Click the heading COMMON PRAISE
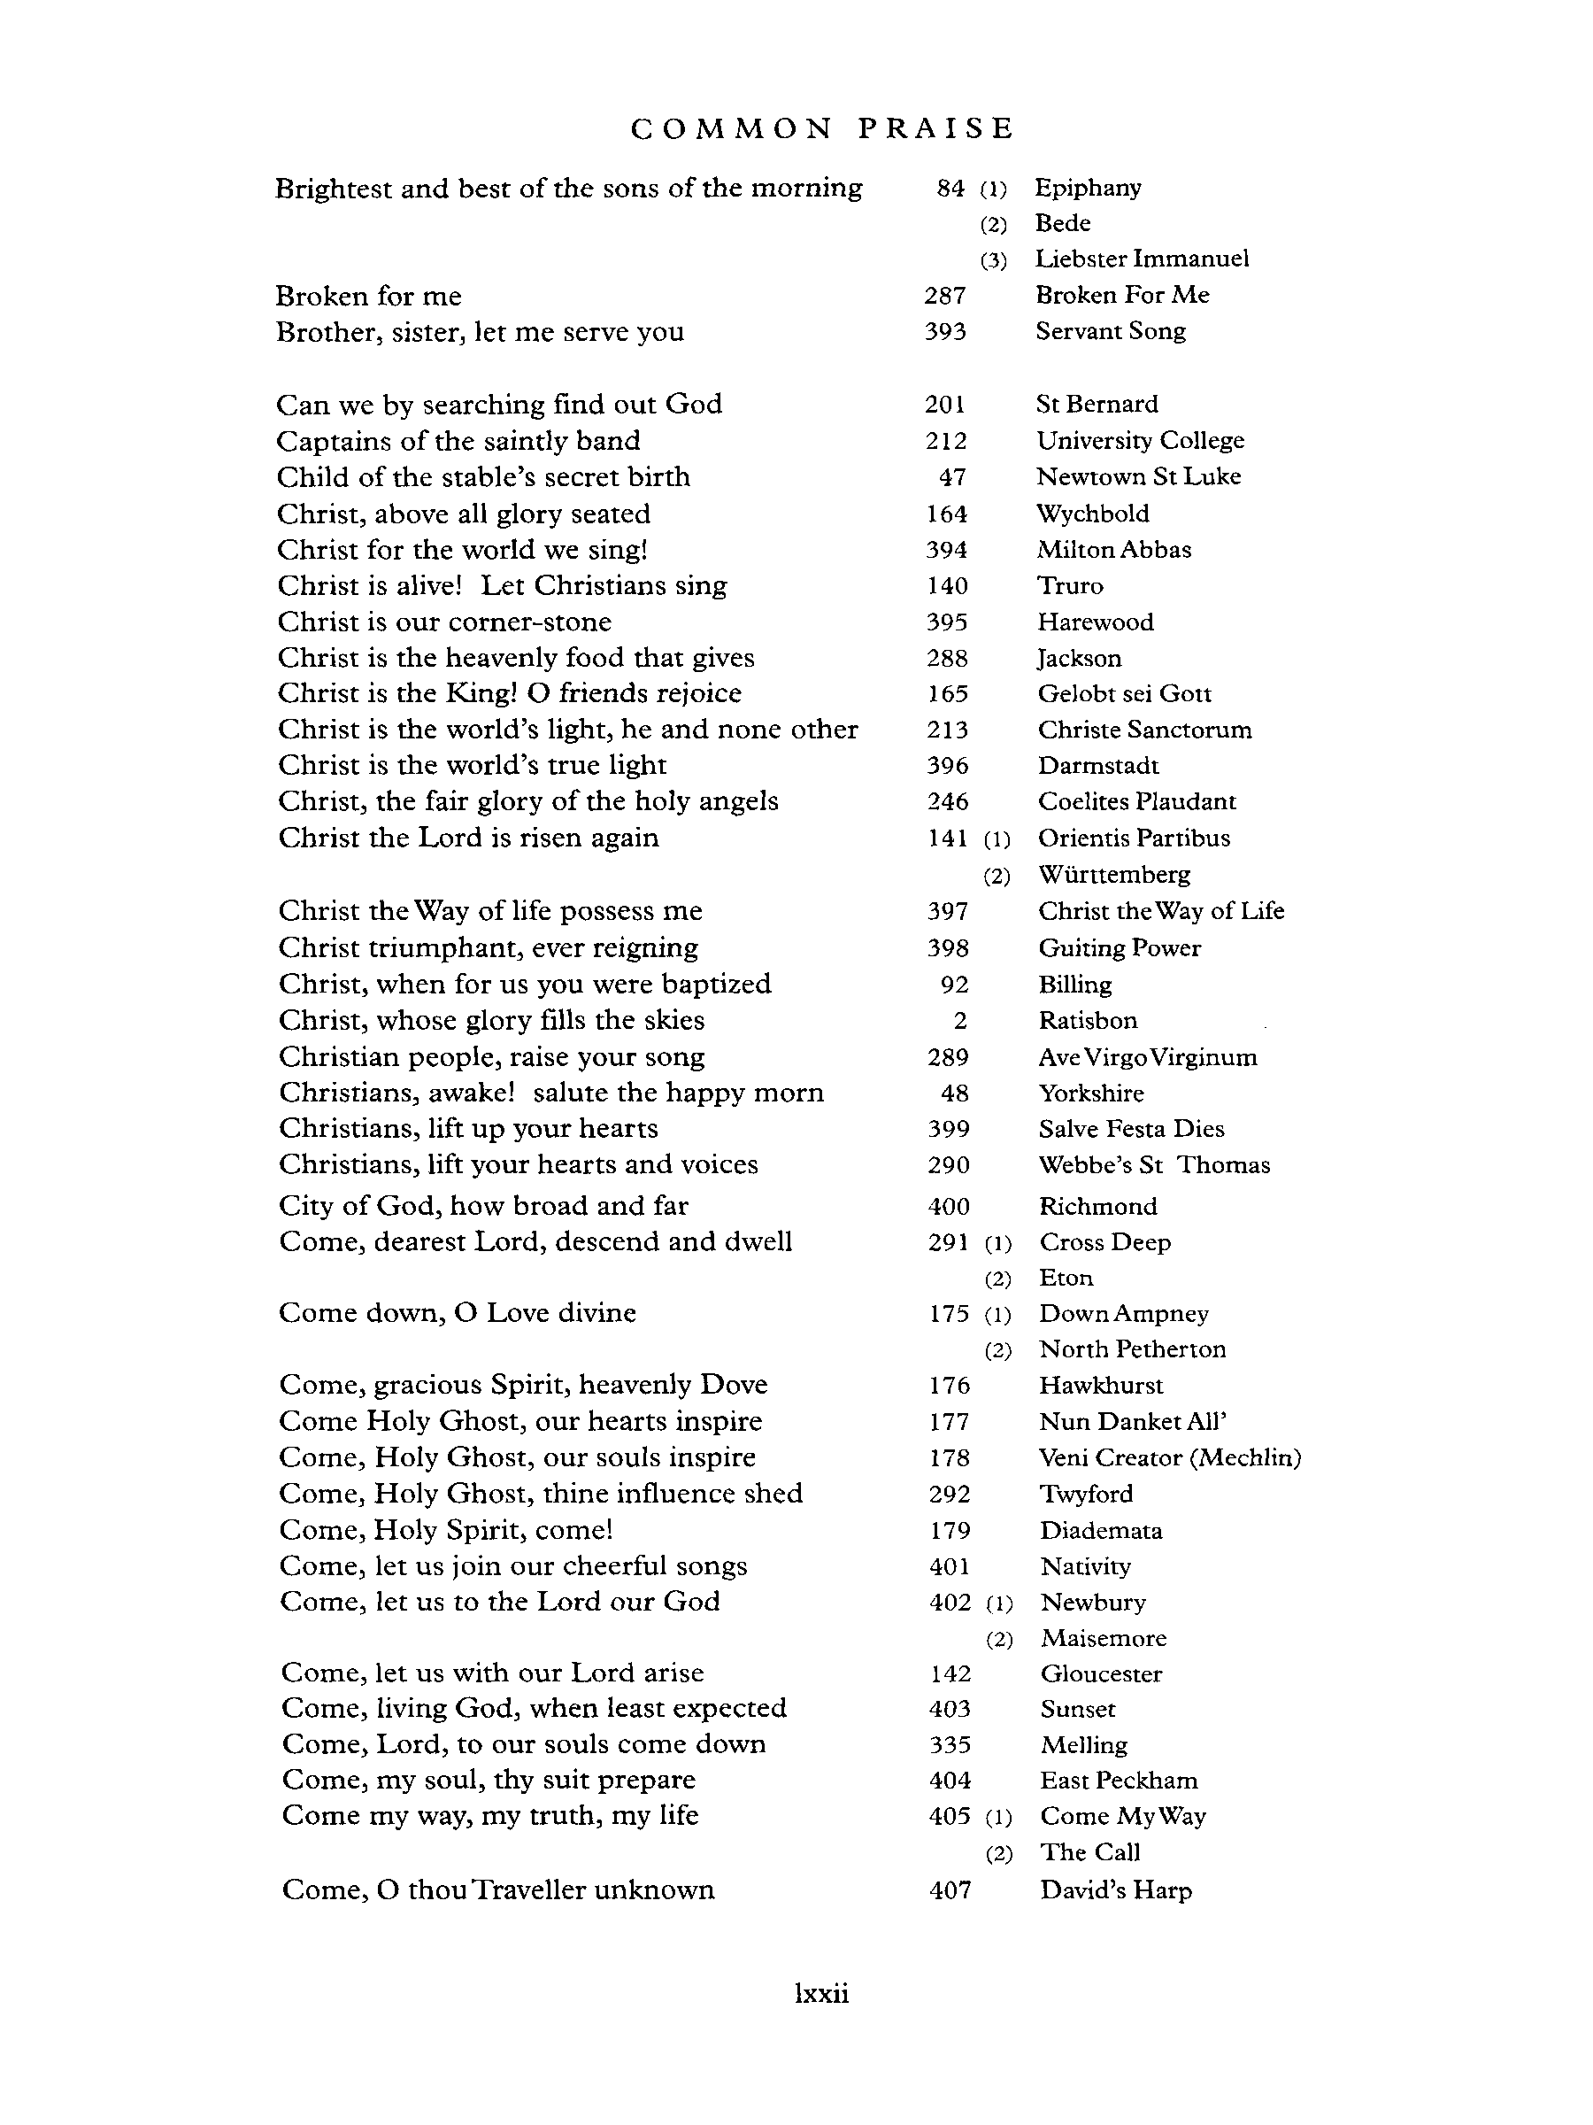coord(822,128)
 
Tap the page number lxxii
coord(822,1993)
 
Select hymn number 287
coord(945,296)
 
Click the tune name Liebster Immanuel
coord(1142,259)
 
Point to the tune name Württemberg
coord(1114,875)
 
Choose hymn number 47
coord(952,477)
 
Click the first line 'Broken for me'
coord(369,296)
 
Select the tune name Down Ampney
coord(1123,1314)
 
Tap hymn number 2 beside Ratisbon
coord(959,1021)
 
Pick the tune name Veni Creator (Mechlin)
coord(1170,1458)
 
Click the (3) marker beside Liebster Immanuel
coord(994,260)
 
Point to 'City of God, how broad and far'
coord(483,1206)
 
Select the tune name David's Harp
coord(1116,1890)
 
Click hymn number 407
coord(950,1890)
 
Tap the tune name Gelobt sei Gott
coord(1125,694)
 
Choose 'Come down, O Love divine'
coord(457,1313)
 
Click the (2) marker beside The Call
coord(998,1854)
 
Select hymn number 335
coord(950,1744)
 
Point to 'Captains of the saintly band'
coord(458,441)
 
